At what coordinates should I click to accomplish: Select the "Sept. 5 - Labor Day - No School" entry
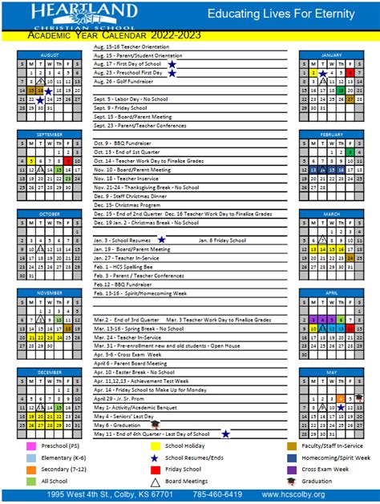click(x=132, y=98)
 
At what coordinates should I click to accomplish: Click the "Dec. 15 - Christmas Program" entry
click(x=129, y=205)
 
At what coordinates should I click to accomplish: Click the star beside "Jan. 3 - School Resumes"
click(x=161, y=239)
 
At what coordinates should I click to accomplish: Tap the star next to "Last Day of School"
click(x=226, y=433)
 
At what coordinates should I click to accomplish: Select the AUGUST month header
click(x=49, y=54)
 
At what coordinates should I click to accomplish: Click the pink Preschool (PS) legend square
click(x=30, y=446)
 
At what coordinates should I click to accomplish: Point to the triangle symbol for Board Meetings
click(x=152, y=481)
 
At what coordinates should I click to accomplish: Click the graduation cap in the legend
click(x=293, y=481)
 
